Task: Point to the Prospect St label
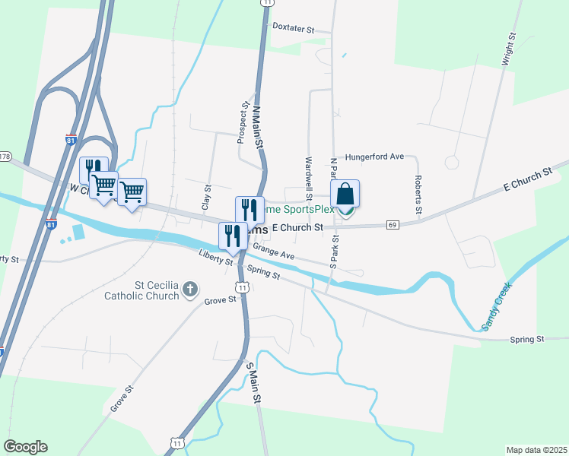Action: pyautogui.click(x=243, y=123)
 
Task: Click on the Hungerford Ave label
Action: pyautogui.click(x=374, y=157)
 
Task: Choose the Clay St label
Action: pyautogui.click(x=206, y=197)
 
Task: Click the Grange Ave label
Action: pyautogui.click(x=274, y=252)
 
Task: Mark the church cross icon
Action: pyautogui.click(x=190, y=289)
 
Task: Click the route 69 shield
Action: pyautogui.click(x=393, y=224)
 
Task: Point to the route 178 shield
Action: pyautogui.click(x=5, y=157)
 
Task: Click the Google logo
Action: pyautogui.click(x=25, y=447)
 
